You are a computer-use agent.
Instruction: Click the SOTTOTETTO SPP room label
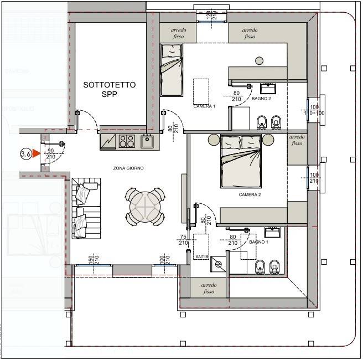pos(110,90)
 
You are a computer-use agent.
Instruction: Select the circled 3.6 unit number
pos(25,154)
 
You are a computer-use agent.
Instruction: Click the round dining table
pos(145,206)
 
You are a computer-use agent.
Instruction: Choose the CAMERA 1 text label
pos(204,106)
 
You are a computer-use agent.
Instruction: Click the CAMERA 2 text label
pos(250,195)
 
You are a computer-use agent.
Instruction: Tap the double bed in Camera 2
pos(242,161)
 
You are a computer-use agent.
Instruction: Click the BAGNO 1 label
pos(258,242)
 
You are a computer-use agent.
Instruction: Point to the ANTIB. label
pos(201,256)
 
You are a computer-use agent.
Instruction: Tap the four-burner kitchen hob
pos(127,142)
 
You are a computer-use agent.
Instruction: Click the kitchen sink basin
pos(147,142)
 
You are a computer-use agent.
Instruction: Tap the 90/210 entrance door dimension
pos(50,153)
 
